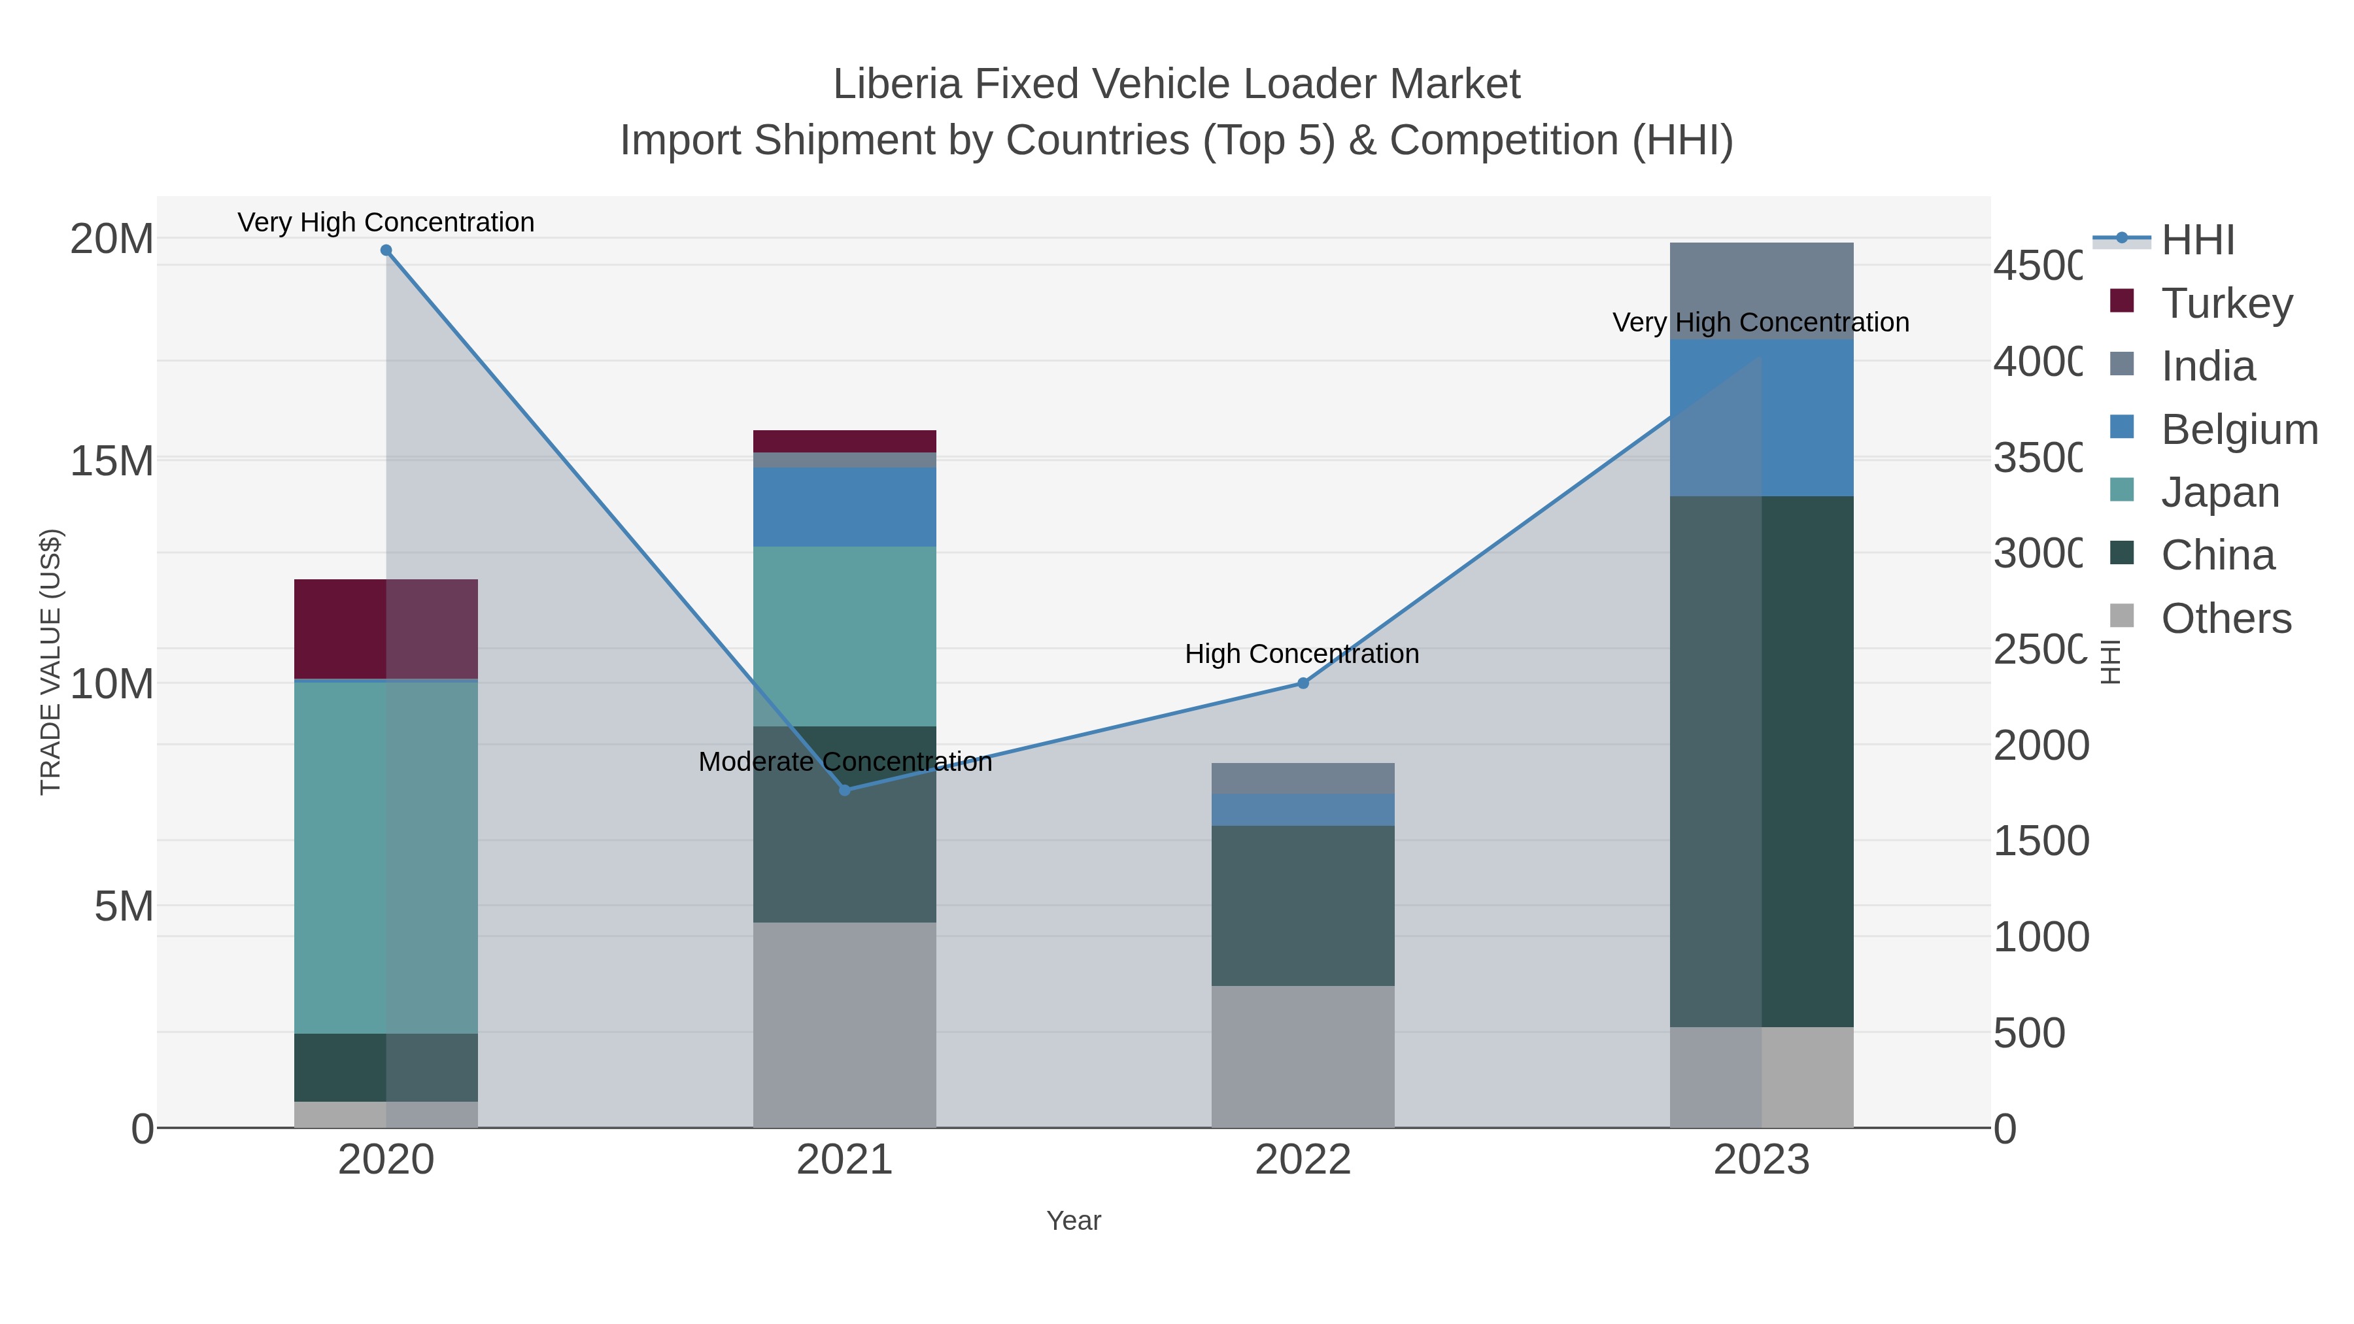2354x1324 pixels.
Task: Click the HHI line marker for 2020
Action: coord(386,250)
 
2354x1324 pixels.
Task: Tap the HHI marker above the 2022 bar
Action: coord(1303,683)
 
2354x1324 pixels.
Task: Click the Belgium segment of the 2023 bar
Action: coord(1761,418)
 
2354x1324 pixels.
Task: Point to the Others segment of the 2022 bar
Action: coord(1303,1057)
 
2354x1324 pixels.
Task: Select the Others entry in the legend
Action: coord(2225,619)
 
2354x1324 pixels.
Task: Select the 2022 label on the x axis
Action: coord(1303,1161)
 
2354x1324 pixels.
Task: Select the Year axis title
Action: coord(1074,1221)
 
